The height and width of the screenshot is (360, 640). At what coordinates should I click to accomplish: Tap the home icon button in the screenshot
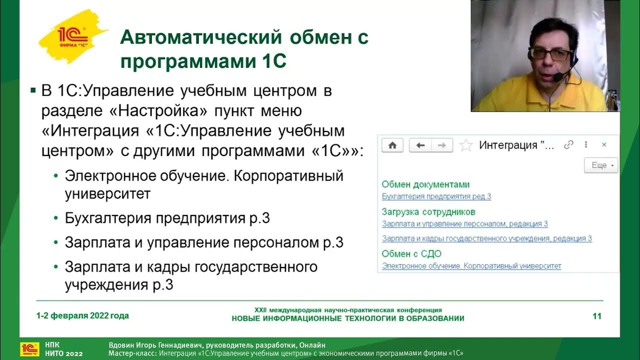point(392,145)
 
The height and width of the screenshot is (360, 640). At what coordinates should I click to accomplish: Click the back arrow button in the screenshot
point(420,145)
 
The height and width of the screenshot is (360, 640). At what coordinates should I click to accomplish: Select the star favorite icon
point(465,145)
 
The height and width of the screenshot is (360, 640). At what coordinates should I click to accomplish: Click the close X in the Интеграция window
point(604,145)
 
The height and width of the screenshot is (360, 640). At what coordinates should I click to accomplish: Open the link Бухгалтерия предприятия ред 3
point(436,196)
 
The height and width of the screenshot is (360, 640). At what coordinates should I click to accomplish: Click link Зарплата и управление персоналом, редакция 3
point(464,224)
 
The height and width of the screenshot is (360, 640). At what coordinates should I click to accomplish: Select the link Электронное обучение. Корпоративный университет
point(471,266)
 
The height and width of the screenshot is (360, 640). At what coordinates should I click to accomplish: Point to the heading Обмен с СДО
point(411,253)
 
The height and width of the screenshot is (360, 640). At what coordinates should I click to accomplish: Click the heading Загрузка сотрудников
point(428,212)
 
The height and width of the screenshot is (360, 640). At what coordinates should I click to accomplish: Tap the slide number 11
point(596,316)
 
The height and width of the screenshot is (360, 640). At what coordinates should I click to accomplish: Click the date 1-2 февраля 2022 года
point(82,315)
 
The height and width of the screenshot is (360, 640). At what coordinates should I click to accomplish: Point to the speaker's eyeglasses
point(550,53)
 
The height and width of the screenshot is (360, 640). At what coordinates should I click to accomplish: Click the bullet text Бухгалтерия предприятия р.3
point(167,218)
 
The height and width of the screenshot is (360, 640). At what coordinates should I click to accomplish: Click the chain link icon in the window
point(568,145)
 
